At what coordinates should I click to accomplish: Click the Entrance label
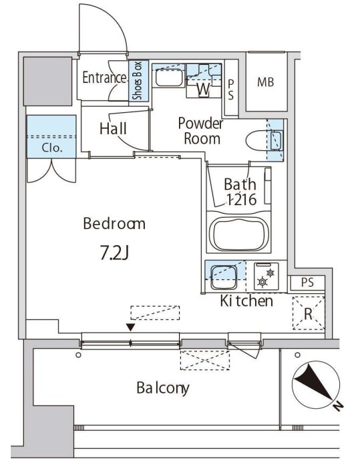[x=104, y=77]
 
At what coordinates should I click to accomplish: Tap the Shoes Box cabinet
[x=139, y=81]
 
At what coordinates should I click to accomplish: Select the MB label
[x=266, y=82]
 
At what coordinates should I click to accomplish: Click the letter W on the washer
[x=204, y=89]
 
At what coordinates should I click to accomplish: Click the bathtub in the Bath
[x=239, y=234]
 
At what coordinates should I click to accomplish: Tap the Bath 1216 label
[x=240, y=192]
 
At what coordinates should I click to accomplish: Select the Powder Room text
[x=200, y=131]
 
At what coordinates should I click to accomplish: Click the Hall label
[x=113, y=129]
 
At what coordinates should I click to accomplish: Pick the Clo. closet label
[x=52, y=148]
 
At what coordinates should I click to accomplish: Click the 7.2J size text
[x=114, y=254]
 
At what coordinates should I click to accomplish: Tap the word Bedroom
[x=114, y=224]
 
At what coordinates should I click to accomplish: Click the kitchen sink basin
[x=224, y=277]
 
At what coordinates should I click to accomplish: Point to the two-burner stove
[x=266, y=277]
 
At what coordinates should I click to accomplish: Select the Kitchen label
[x=246, y=301]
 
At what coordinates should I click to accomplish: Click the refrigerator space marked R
[x=309, y=313]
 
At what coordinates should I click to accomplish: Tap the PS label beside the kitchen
[x=307, y=283]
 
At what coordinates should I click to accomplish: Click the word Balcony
[x=163, y=388]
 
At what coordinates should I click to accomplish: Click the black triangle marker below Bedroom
[x=130, y=327]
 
